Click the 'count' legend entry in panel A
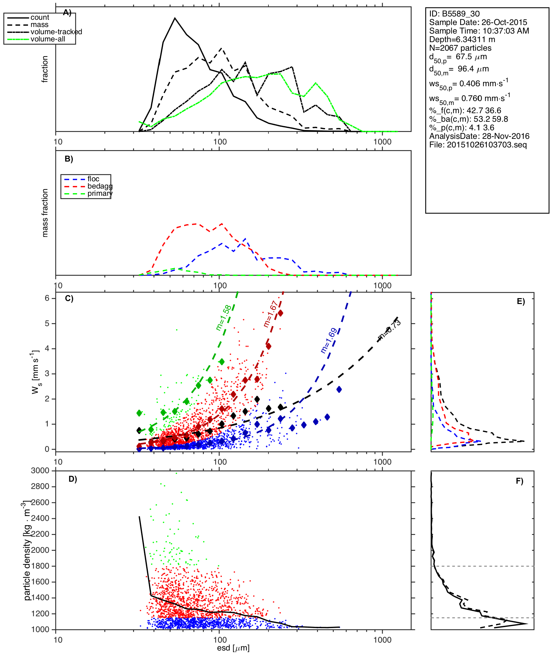(40, 17)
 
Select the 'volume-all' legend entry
(48, 39)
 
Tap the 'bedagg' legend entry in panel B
(100, 186)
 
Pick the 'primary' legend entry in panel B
(100, 193)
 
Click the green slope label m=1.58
(224, 318)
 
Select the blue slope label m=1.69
(329, 340)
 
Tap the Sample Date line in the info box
(478, 22)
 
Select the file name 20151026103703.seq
(478, 145)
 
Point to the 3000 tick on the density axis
(40, 471)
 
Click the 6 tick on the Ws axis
(47, 298)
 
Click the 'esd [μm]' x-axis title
(233, 648)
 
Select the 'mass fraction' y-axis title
(45, 213)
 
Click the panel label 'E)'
(521, 301)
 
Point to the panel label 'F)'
(519, 481)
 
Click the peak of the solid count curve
(175, 18)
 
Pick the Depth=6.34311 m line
(462, 39)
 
